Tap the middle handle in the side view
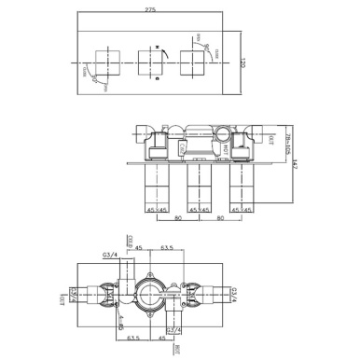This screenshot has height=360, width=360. click(201, 191)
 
